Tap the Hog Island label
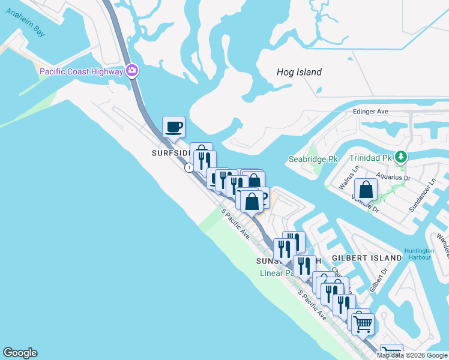(x=299, y=72)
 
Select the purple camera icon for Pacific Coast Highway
(x=133, y=71)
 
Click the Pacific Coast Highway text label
(x=81, y=72)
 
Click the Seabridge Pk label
(x=313, y=159)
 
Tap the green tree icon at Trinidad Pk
(x=401, y=157)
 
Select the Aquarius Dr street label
(x=393, y=178)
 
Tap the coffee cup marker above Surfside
(x=173, y=127)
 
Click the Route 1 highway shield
(x=190, y=168)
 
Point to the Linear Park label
(x=277, y=273)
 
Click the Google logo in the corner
(x=20, y=353)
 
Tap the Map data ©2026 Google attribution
(x=412, y=355)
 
